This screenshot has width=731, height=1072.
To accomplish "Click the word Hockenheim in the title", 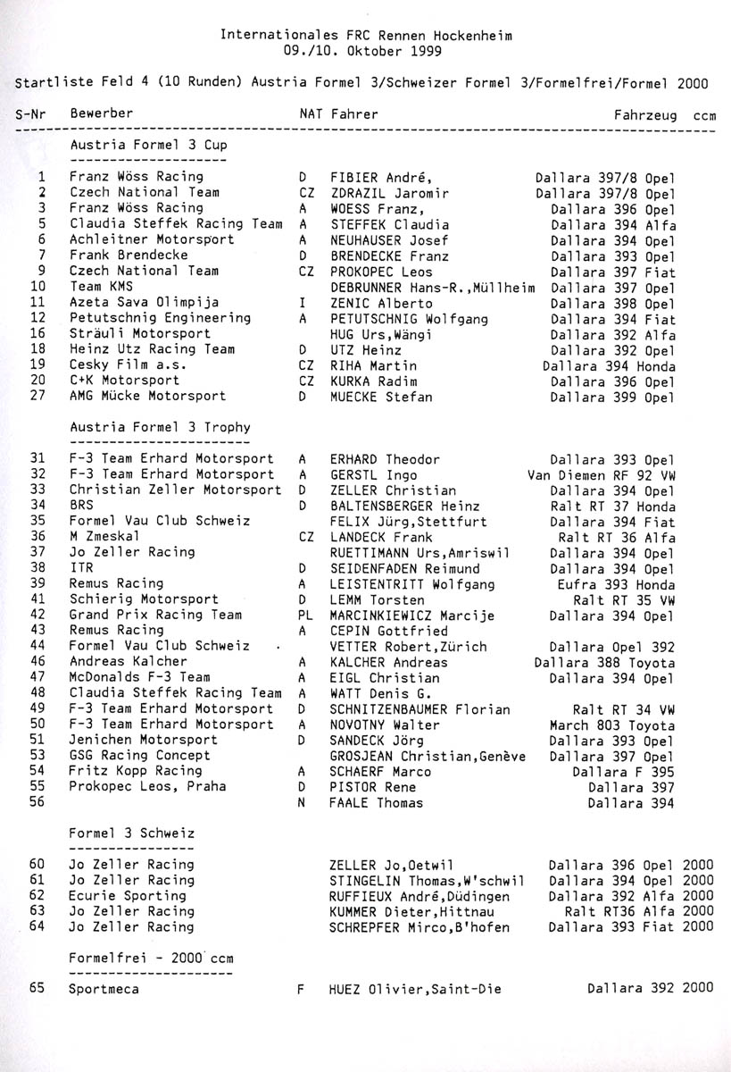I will (x=474, y=36).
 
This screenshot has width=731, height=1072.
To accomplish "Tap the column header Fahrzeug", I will (x=644, y=115).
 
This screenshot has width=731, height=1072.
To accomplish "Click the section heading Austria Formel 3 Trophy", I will (x=160, y=428).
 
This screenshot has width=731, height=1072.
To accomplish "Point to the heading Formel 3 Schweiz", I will (x=131, y=833).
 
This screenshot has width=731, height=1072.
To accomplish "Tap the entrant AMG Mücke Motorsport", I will (x=147, y=396).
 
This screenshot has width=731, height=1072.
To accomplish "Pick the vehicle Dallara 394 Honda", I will (x=609, y=365).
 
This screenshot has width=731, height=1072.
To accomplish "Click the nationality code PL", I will (x=303, y=616).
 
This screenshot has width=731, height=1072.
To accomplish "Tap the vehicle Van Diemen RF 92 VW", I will (x=602, y=475).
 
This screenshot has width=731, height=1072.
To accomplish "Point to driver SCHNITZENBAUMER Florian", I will (x=420, y=709).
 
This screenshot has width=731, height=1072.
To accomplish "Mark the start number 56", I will (x=37, y=803).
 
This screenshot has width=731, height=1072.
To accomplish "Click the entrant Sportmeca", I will (x=104, y=989).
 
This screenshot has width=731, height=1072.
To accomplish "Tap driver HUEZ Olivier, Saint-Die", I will (x=415, y=989).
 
